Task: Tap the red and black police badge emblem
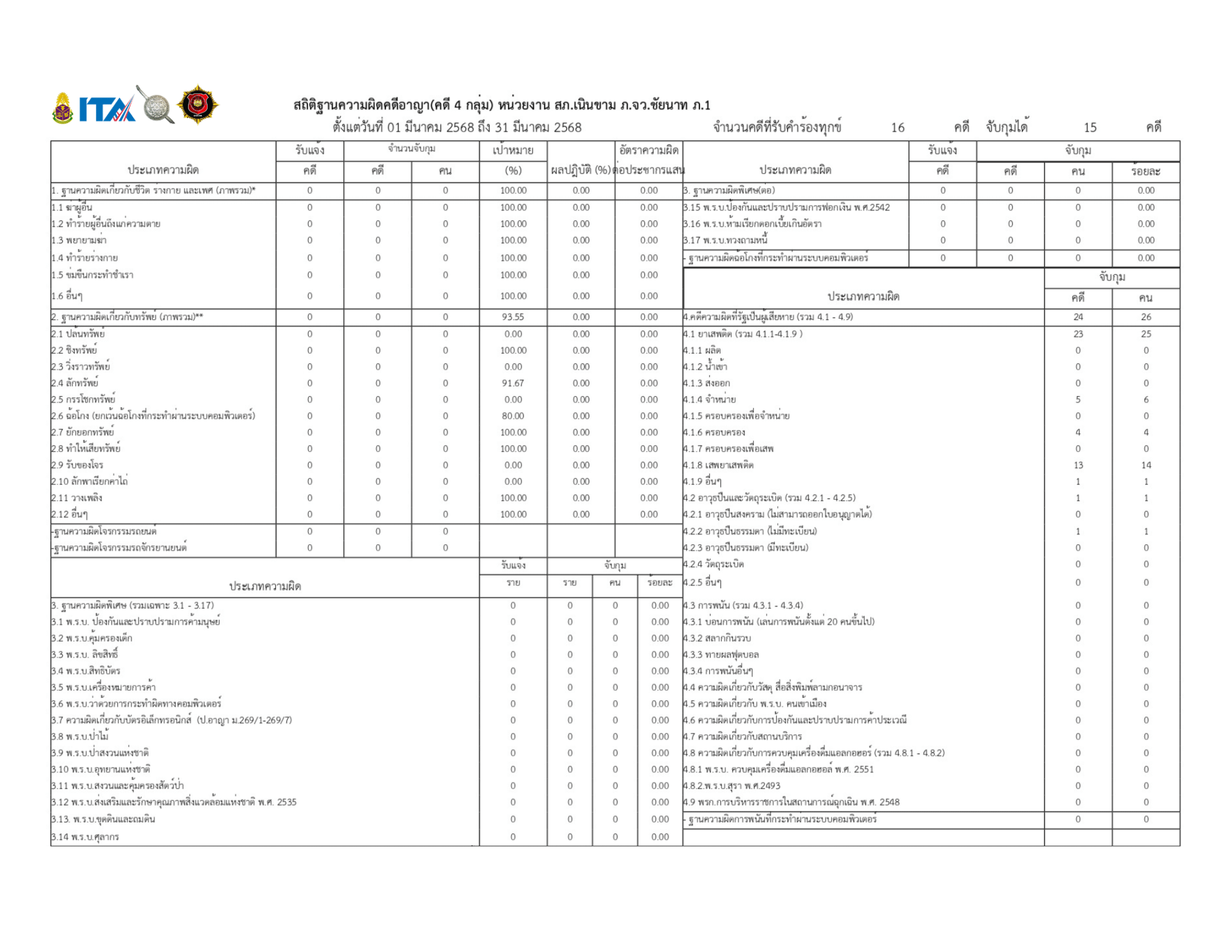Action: (x=198, y=105)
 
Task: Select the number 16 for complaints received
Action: (x=897, y=128)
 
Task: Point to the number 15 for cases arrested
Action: (x=1089, y=128)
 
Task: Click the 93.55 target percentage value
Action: (x=513, y=317)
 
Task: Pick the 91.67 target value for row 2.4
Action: (x=513, y=383)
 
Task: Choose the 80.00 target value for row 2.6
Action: (x=513, y=416)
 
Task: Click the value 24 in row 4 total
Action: (x=1078, y=317)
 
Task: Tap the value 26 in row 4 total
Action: (x=1146, y=317)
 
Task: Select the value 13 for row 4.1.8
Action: (x=1078, y=465)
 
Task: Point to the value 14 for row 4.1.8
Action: (x=1146, y=465)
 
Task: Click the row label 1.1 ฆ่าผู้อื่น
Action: (x=72, y=208)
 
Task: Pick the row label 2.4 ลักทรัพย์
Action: (x=75, y=383)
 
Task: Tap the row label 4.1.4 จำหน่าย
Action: (x=709, y=400)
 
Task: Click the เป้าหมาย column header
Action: (x=513, y=151)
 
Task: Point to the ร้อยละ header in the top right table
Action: (x=1146, y=171)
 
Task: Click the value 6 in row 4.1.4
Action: (x=1146, y=400)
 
